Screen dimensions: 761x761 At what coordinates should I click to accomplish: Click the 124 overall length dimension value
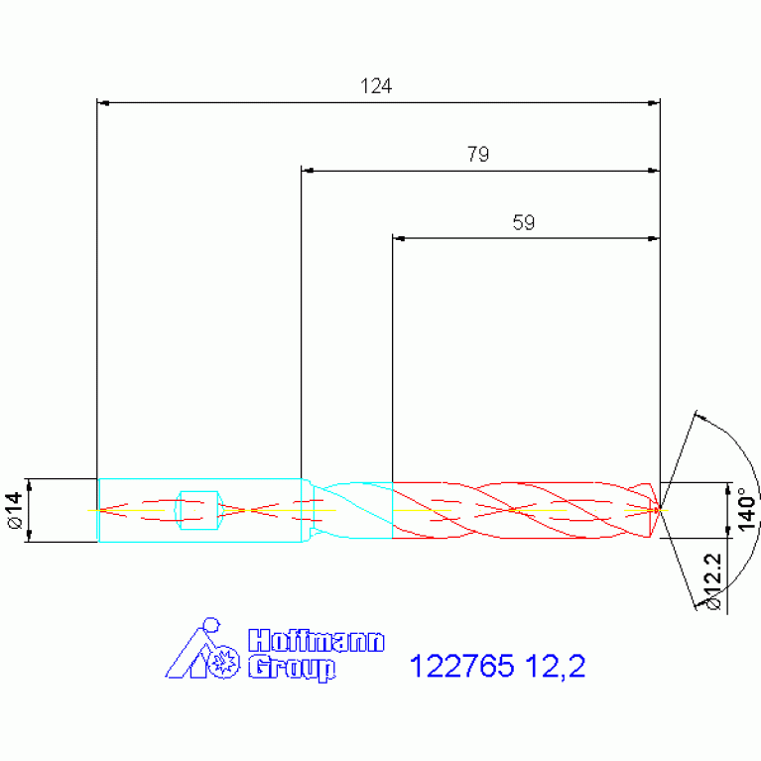click(x=376, y=86)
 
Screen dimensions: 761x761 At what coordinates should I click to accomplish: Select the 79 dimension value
click(x=478, y=155)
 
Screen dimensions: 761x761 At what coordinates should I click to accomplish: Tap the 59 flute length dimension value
click(x=524, y=223)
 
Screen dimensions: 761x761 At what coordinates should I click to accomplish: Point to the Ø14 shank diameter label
click(x=16, y=510)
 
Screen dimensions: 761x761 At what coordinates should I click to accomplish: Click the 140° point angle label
click(x=747, y=510)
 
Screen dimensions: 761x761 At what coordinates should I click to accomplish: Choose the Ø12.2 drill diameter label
click(x=714, y=582)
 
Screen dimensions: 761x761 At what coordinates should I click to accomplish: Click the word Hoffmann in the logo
click(x=317, y=641)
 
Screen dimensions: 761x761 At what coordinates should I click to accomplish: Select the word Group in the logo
click(x=292, y=669)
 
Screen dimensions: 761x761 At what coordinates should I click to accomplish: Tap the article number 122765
click(x=461, y=666)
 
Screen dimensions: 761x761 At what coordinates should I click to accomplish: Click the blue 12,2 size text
click(x=556, y=666)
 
